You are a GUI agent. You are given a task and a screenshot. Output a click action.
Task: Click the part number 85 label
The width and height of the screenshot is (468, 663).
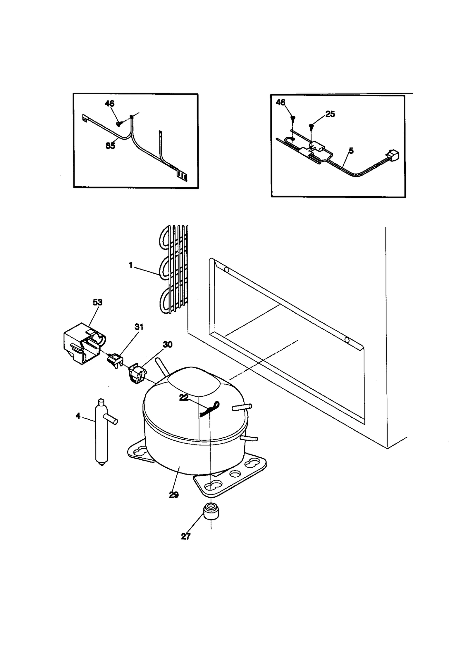[x=110, y=145]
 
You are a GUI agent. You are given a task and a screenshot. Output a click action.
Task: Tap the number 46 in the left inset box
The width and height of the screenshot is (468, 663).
[x=109, y=104]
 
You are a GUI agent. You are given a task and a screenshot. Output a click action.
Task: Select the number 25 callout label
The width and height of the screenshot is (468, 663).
[x=330, y=114]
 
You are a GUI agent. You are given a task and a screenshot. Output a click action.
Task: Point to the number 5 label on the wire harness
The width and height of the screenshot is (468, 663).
[x=351, y=151]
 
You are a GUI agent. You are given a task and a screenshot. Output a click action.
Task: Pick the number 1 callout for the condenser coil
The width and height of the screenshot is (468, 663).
[x=131, y=265]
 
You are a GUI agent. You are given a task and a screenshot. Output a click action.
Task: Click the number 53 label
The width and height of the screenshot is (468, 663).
[x=97, y=302]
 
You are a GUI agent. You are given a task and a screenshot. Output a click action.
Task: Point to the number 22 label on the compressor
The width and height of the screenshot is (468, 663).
[x=184, y=398]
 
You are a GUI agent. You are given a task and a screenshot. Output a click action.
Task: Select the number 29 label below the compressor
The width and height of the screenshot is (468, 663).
[x=174, y=495]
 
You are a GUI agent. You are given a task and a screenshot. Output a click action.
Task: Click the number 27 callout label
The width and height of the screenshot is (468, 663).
[x=186, y=536]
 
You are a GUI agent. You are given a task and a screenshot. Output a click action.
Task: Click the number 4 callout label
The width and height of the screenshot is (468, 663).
[x=78, y=416]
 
